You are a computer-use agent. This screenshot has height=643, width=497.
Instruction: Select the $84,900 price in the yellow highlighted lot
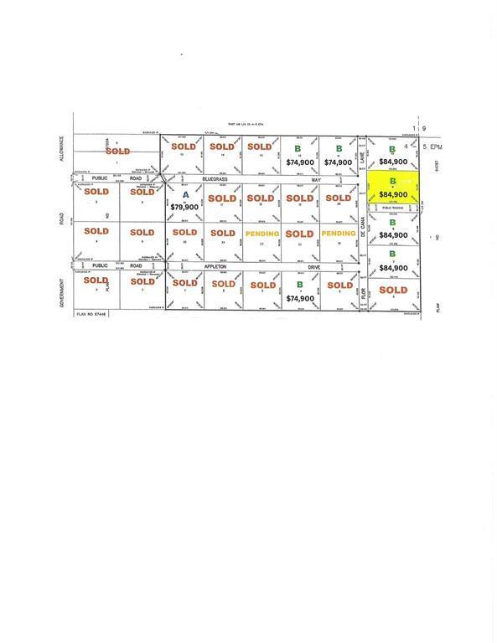393,193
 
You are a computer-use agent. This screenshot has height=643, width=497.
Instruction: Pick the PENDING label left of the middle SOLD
261,233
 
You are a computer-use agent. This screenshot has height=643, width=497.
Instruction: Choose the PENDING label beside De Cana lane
339,233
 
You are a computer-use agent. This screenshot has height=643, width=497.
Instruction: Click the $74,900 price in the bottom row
300,298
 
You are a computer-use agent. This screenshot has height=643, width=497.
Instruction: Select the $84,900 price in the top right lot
393,162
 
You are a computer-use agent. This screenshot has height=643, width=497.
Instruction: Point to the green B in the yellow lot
393,180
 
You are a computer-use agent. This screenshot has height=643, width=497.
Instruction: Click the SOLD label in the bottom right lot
393,290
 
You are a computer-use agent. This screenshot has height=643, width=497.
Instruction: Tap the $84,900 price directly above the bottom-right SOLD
393,268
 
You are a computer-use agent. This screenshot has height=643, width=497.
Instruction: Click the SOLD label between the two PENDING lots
300,233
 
